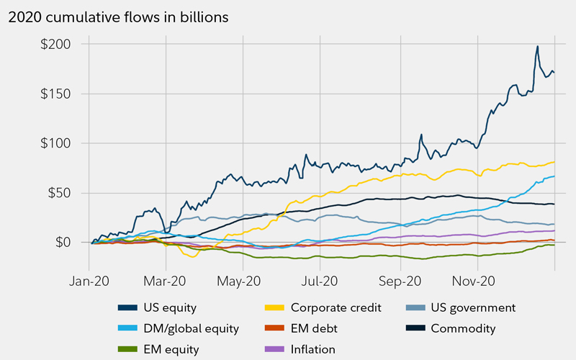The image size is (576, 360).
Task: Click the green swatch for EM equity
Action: (x=127, y=350)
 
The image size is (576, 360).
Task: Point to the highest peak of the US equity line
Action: (x=537, y=47)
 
